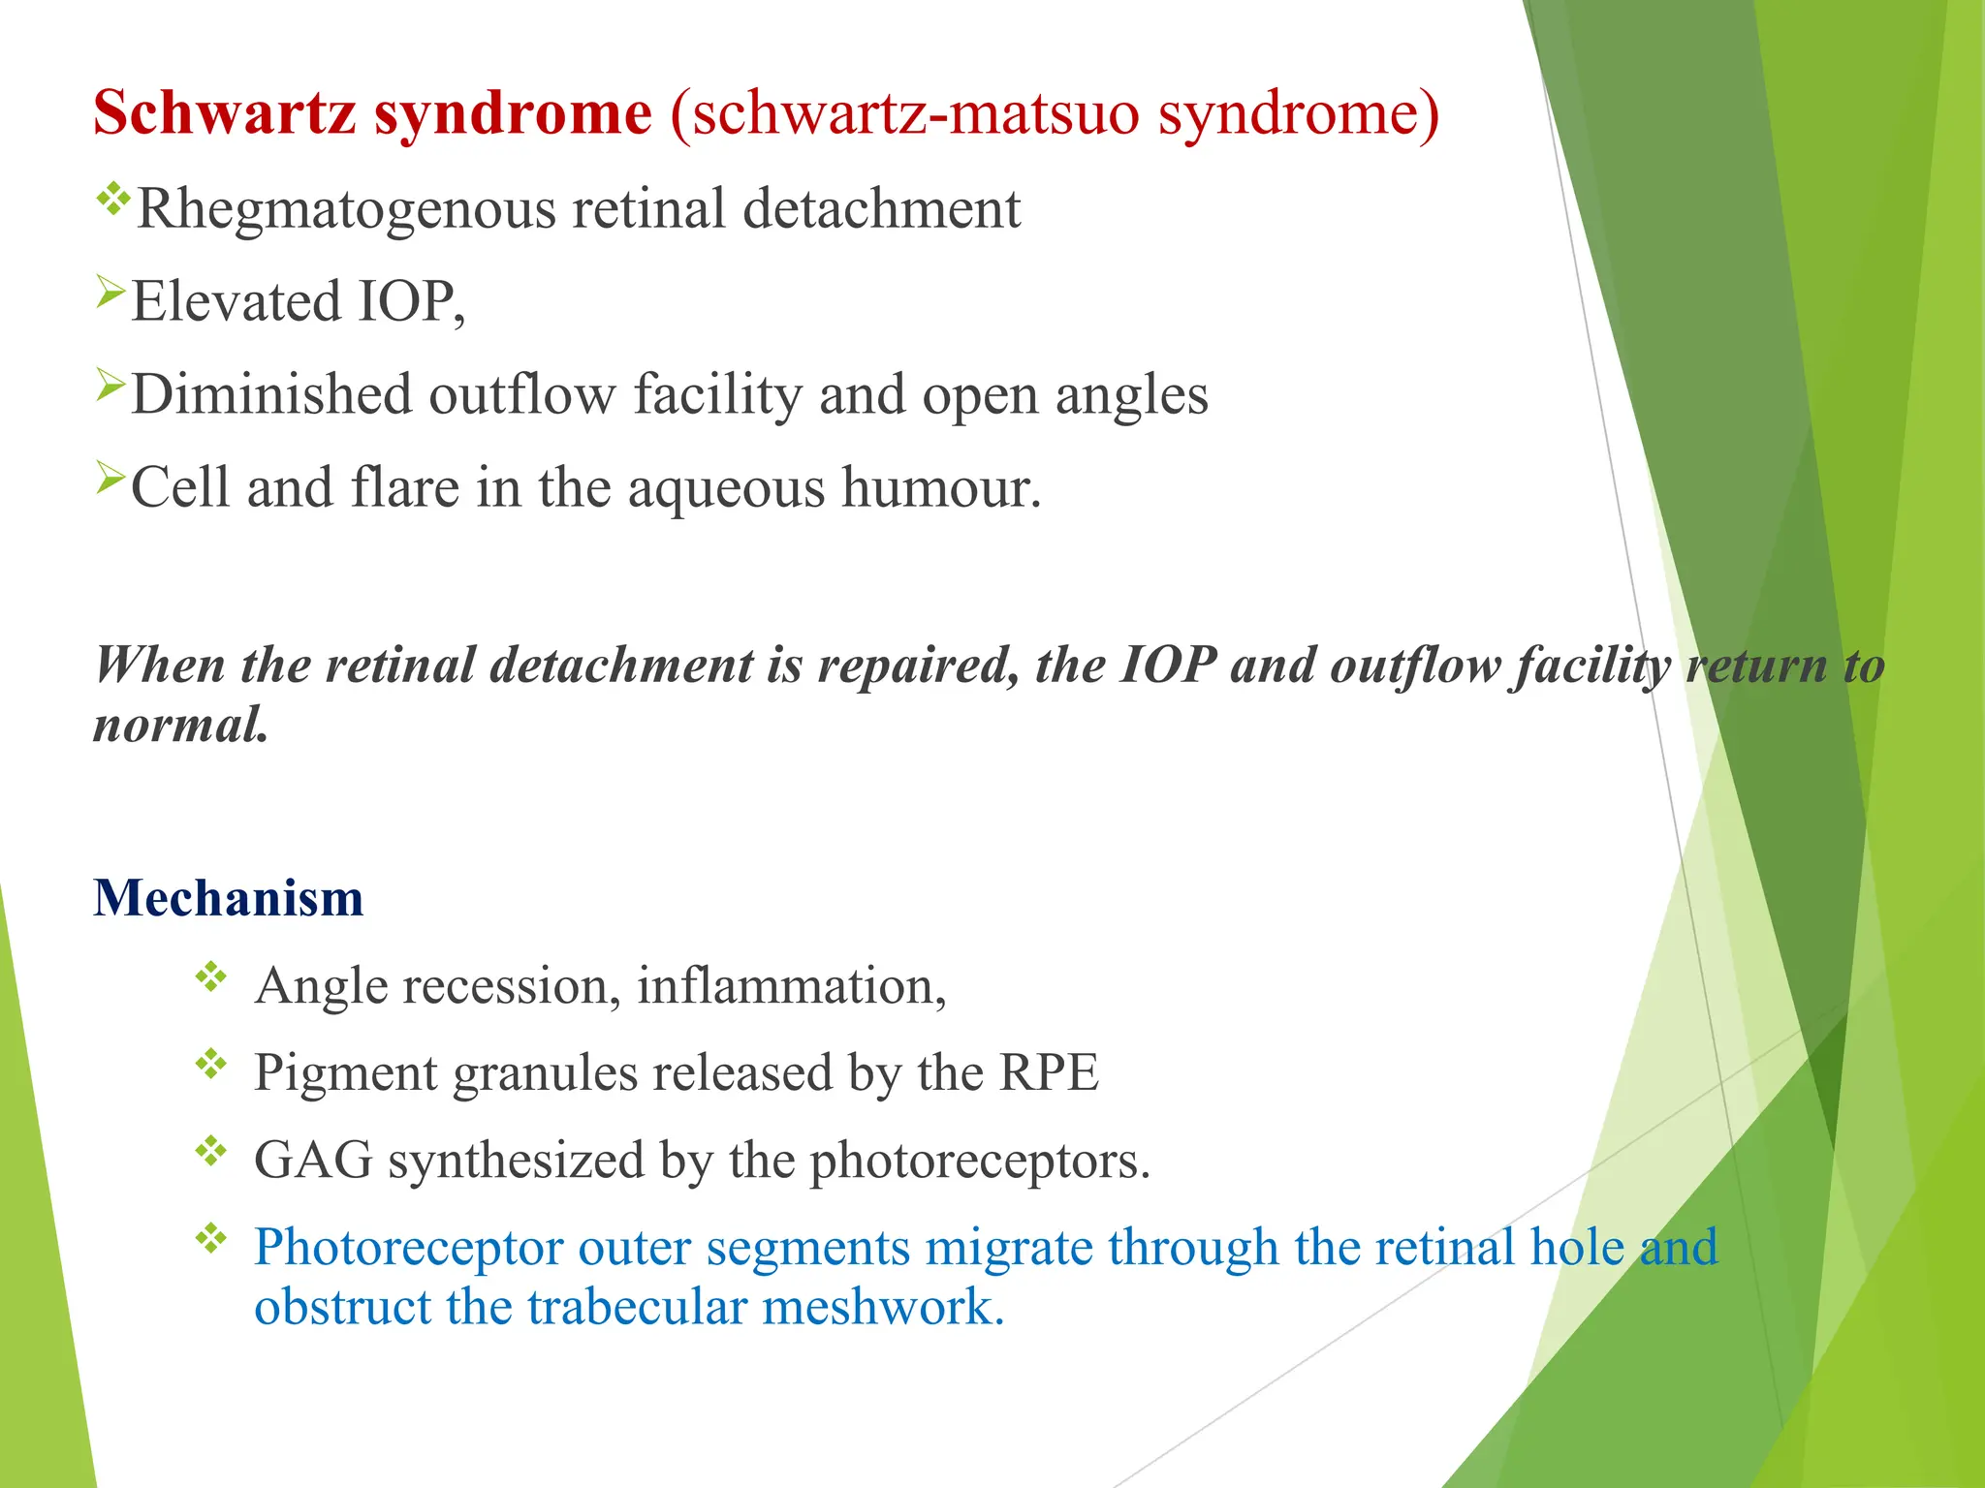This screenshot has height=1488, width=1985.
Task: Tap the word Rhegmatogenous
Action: point(346,209)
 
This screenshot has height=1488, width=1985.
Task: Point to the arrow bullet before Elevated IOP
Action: point(110,291)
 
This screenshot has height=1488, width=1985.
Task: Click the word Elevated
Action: point(236,301)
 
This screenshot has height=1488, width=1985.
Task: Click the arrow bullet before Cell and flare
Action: point(110,477)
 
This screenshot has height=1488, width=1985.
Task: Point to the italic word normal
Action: point(180,725)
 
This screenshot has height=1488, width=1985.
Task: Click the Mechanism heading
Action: point(229,898)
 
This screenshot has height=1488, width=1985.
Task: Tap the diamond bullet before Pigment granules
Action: point(210,1065)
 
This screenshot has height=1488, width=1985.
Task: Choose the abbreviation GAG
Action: point(313,1161)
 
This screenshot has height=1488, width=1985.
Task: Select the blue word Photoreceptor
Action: point(408,1247)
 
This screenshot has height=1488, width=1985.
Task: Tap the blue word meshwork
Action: point(882,1307)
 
